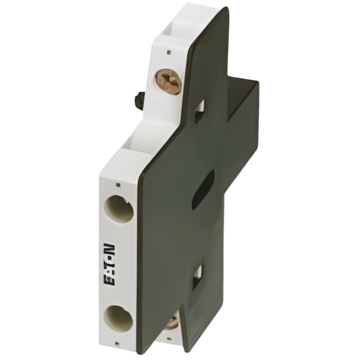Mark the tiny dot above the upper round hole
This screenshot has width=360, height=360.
(x=117, y=185)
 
